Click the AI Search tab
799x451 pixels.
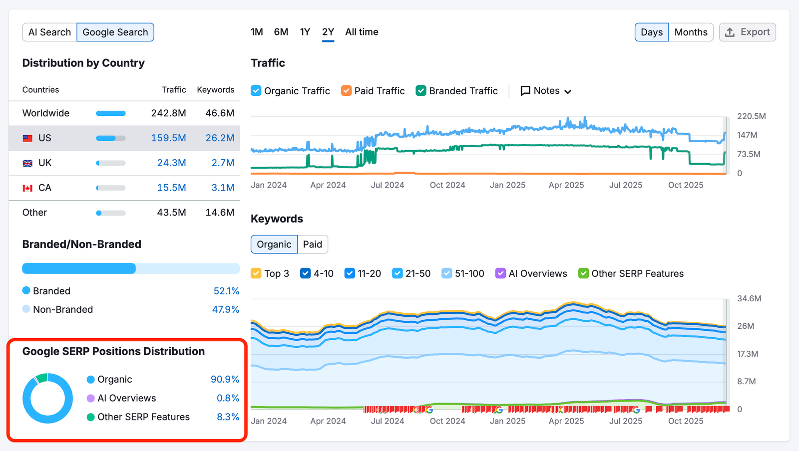click(x=49, y=32)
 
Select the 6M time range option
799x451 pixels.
click(x=281, y=32)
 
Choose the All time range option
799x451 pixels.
click(x=362, y=32)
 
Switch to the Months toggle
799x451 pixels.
click(x=691, y=32)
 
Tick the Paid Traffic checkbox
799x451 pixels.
click(x=346, y=91)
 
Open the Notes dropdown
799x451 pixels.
click(x=546, y=91)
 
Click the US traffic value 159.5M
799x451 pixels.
click(x=168, y=138)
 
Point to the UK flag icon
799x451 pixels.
click(x=28, y=163)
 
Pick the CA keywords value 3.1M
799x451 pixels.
click(x=223, y=188)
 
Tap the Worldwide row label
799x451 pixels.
click(x=46, y=113)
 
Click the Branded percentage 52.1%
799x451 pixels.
click(x=226, y=291)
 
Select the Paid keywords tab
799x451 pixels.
click(x=312, y=244)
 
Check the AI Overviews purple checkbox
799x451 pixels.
click(x=500, y=273)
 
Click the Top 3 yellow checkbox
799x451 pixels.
click(x=256, y=273)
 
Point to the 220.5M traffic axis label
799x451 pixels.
click(x=751, y=116)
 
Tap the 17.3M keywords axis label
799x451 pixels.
click(x=747, y=354)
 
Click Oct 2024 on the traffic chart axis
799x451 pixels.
click(x=447, y=185)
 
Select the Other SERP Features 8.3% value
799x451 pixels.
click(x=228, y=417)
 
